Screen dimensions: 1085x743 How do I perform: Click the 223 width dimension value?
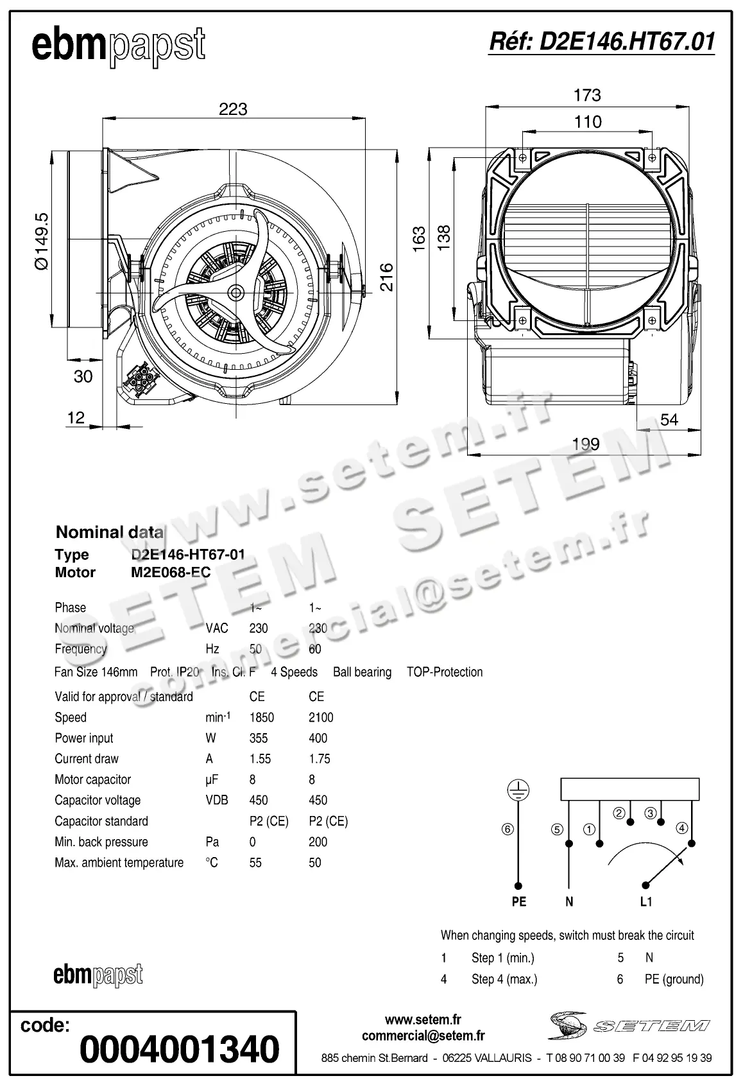(x=233, y=109)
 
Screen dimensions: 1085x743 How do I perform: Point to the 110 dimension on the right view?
(x=588, y=121)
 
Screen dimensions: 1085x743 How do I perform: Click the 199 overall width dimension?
(x=585, y=444)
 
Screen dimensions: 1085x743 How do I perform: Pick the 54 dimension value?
(x=669, y=419)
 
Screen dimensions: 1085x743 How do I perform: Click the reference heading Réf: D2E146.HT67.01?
(x=601, y=42)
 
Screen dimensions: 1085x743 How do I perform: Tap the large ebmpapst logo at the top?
(x=119, y=46)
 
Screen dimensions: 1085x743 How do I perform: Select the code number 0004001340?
(x=180, y=1049)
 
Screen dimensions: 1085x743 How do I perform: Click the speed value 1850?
(x=262, y=717)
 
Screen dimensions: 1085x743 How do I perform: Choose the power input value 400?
(x=318, y=738)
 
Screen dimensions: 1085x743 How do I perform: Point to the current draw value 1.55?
(x=260, y=759)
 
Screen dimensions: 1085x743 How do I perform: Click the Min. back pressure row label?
(x=101, y=842)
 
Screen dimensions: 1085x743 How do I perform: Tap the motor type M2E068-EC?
(x=171, y=572)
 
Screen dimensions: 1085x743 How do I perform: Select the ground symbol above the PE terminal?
(x=518, y=790)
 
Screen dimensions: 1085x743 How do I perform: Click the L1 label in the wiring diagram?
(x=646, y=901)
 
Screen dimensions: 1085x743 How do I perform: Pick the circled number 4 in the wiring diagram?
(x=681, y=828)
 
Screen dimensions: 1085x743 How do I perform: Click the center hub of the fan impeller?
(x=236, y=293)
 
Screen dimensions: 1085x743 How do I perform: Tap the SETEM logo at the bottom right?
(x=629, y=1025)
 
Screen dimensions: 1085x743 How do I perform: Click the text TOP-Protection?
(x=445, y=672)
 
